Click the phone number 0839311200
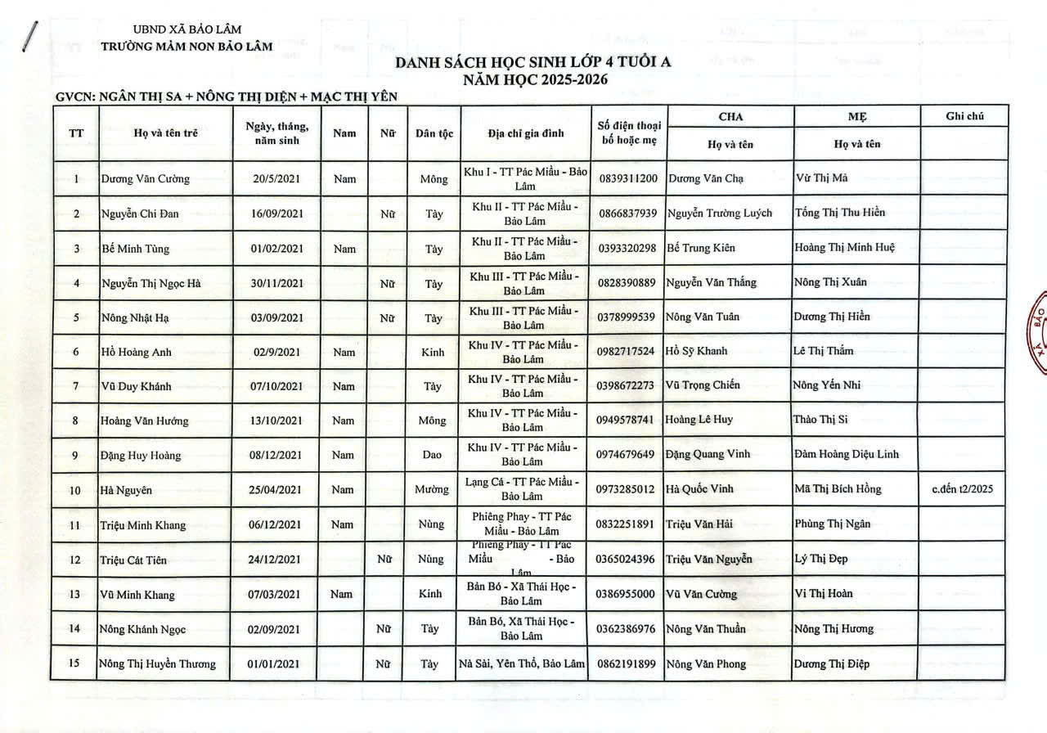point(627,178)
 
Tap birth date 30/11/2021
point(276,284)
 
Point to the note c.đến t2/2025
point(963,489)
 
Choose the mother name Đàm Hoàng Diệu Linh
point(846,454)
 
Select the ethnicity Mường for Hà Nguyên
point(432,490)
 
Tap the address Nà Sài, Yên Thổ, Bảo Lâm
point(522,663)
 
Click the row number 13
point(75,595)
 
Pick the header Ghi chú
point(964,116)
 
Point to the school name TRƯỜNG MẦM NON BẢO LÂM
point(186,47)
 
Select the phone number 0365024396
point(627,560)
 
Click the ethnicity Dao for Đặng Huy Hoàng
point(433,456)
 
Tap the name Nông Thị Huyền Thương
point(158,664)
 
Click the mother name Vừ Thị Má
point(820,178)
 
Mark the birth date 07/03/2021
point(276,595)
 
